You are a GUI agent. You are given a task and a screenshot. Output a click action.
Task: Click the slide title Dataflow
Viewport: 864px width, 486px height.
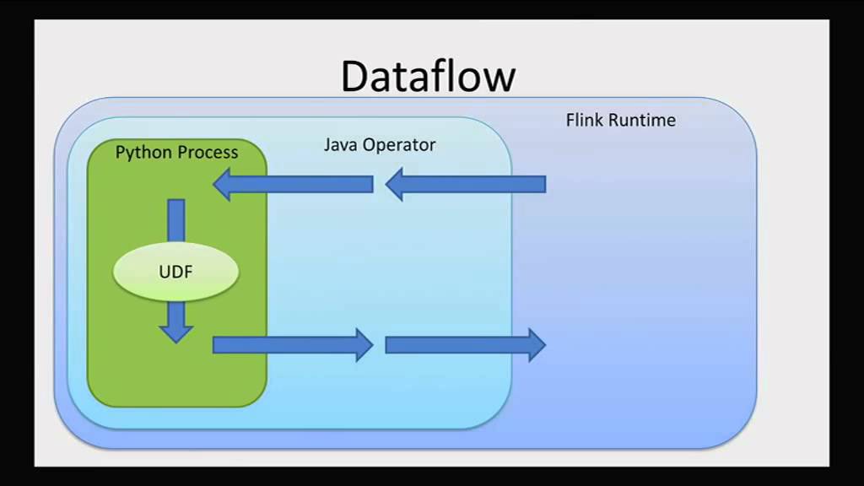428,76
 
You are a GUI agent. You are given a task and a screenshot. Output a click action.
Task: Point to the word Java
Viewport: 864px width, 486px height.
341,144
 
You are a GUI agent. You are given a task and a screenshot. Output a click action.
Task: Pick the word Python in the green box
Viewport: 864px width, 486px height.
144,153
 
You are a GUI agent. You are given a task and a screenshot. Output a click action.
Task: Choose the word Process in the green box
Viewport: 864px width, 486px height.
208,153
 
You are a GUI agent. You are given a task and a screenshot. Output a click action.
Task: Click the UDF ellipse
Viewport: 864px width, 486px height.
175,272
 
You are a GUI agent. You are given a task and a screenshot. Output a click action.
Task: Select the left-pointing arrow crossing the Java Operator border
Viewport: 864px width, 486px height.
465,184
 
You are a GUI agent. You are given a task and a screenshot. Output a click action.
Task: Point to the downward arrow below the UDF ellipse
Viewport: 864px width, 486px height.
175,322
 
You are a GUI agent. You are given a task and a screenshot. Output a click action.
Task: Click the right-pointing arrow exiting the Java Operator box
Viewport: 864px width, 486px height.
465,344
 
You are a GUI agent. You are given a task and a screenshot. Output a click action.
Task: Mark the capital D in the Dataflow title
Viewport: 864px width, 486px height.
356,76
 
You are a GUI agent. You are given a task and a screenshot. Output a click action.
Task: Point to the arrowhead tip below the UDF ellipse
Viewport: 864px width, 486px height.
175,340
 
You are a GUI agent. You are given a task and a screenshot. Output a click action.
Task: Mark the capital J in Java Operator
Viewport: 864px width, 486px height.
328,144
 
